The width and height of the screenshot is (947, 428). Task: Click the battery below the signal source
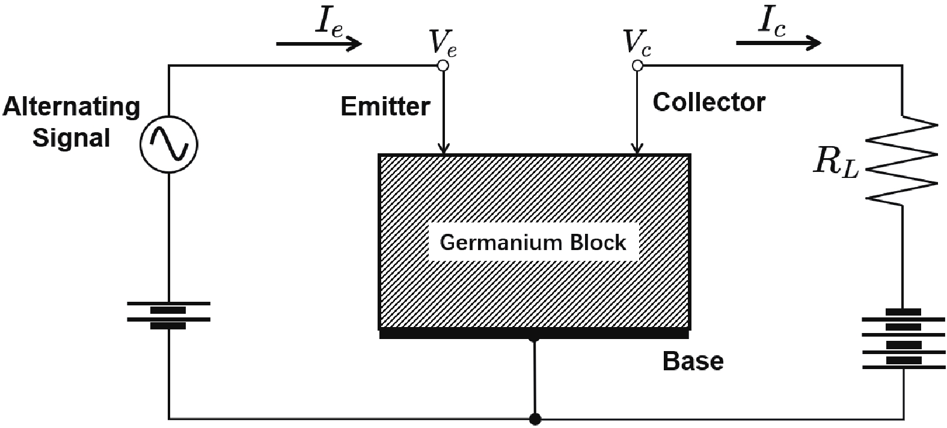168,316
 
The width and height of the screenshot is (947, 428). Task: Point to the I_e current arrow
319,43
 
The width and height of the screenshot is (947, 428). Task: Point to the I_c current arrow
778,43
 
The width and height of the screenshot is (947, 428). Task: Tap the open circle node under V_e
443,65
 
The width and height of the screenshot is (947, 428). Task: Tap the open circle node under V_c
637,65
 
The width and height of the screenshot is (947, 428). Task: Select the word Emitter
385,107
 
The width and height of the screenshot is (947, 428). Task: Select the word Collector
709,102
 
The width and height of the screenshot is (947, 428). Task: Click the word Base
693,361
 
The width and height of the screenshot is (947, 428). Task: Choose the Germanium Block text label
533,242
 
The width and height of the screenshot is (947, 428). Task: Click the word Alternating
71,107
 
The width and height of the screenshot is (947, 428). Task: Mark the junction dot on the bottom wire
534,418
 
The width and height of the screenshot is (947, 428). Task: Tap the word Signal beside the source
71,138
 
